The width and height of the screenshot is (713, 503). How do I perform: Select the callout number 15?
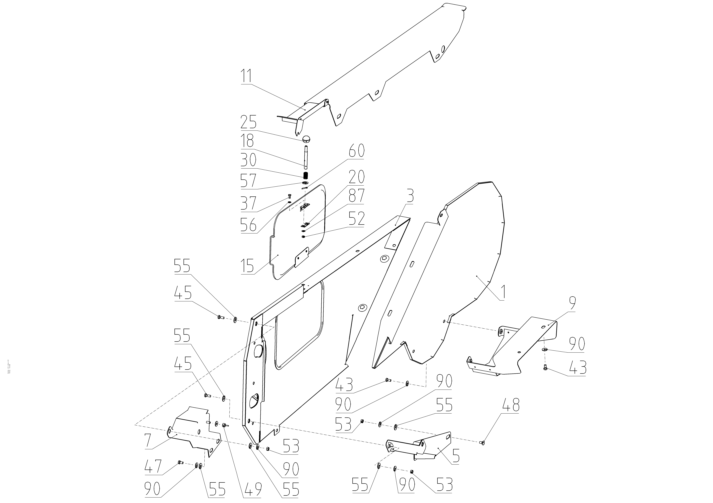(x=247, y=266)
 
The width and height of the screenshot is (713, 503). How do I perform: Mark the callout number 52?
(x=356, y=219)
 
